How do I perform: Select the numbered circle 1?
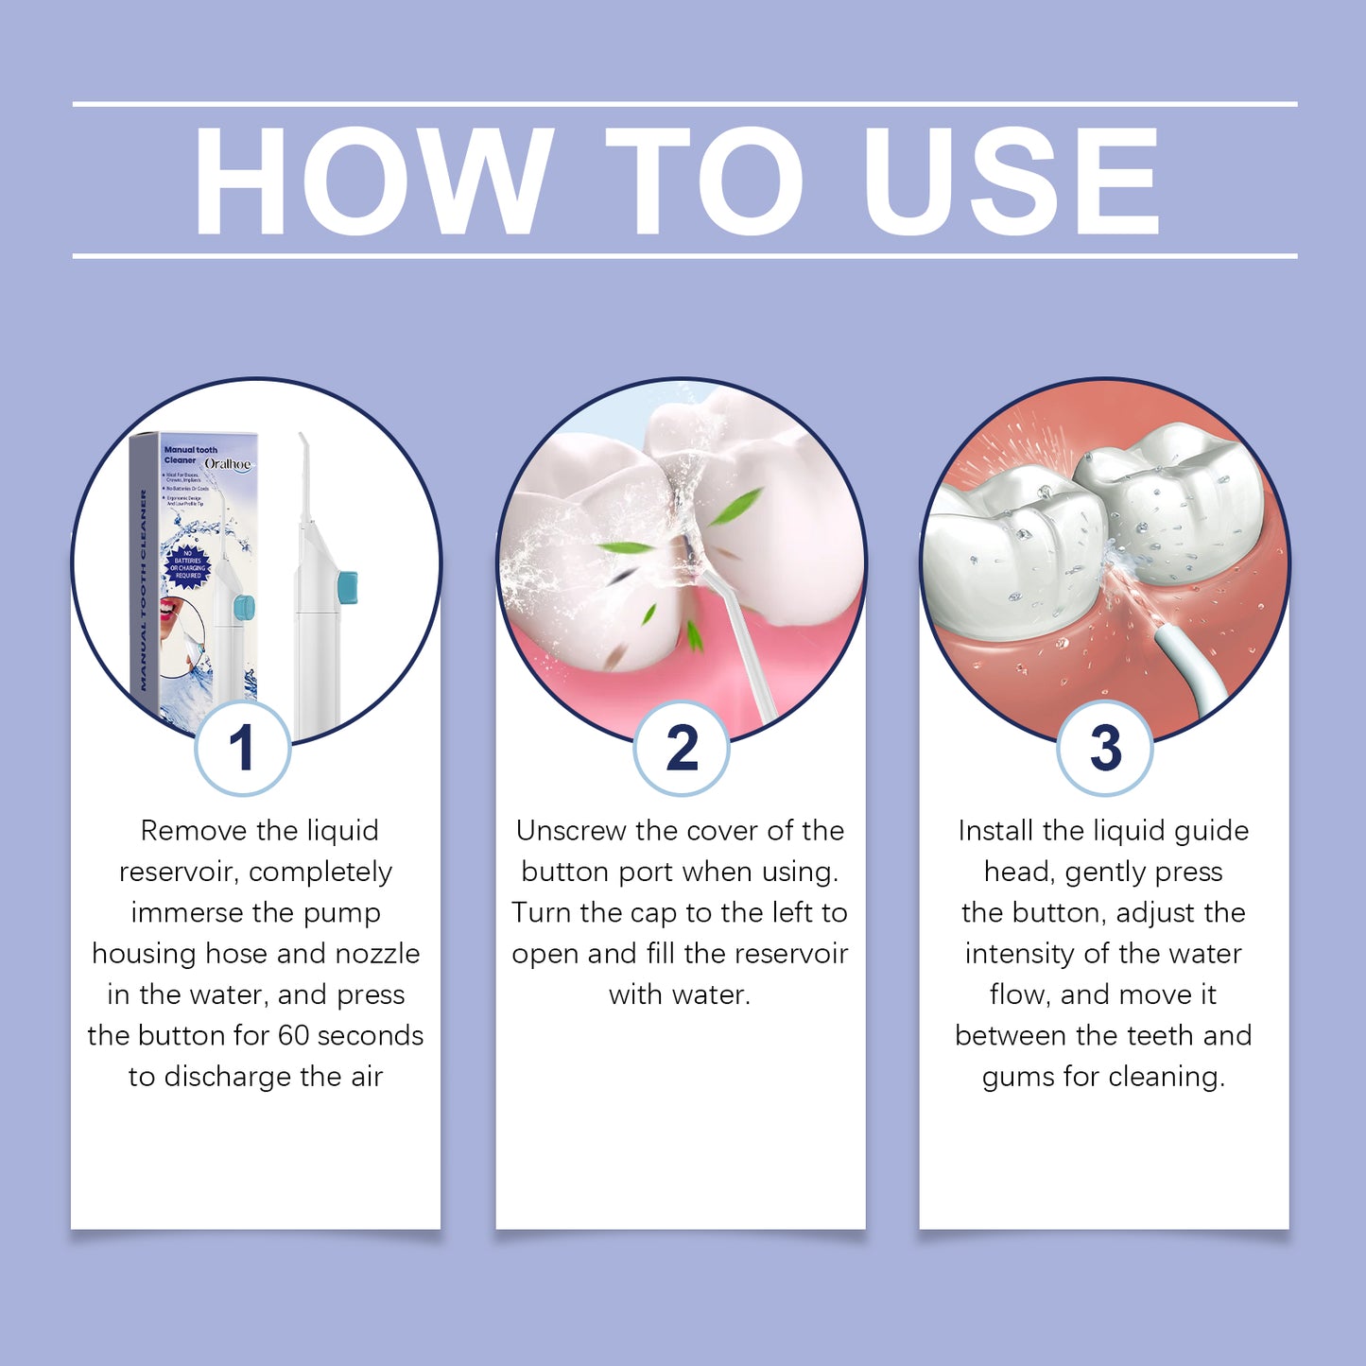(242, 748)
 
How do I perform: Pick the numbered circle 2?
(681, 748)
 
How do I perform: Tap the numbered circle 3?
(1104, 748)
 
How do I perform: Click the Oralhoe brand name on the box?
(228, 464)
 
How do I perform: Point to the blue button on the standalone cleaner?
(347, 587)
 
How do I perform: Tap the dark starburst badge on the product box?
(187, 564)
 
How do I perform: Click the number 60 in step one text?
(293, 1035)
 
